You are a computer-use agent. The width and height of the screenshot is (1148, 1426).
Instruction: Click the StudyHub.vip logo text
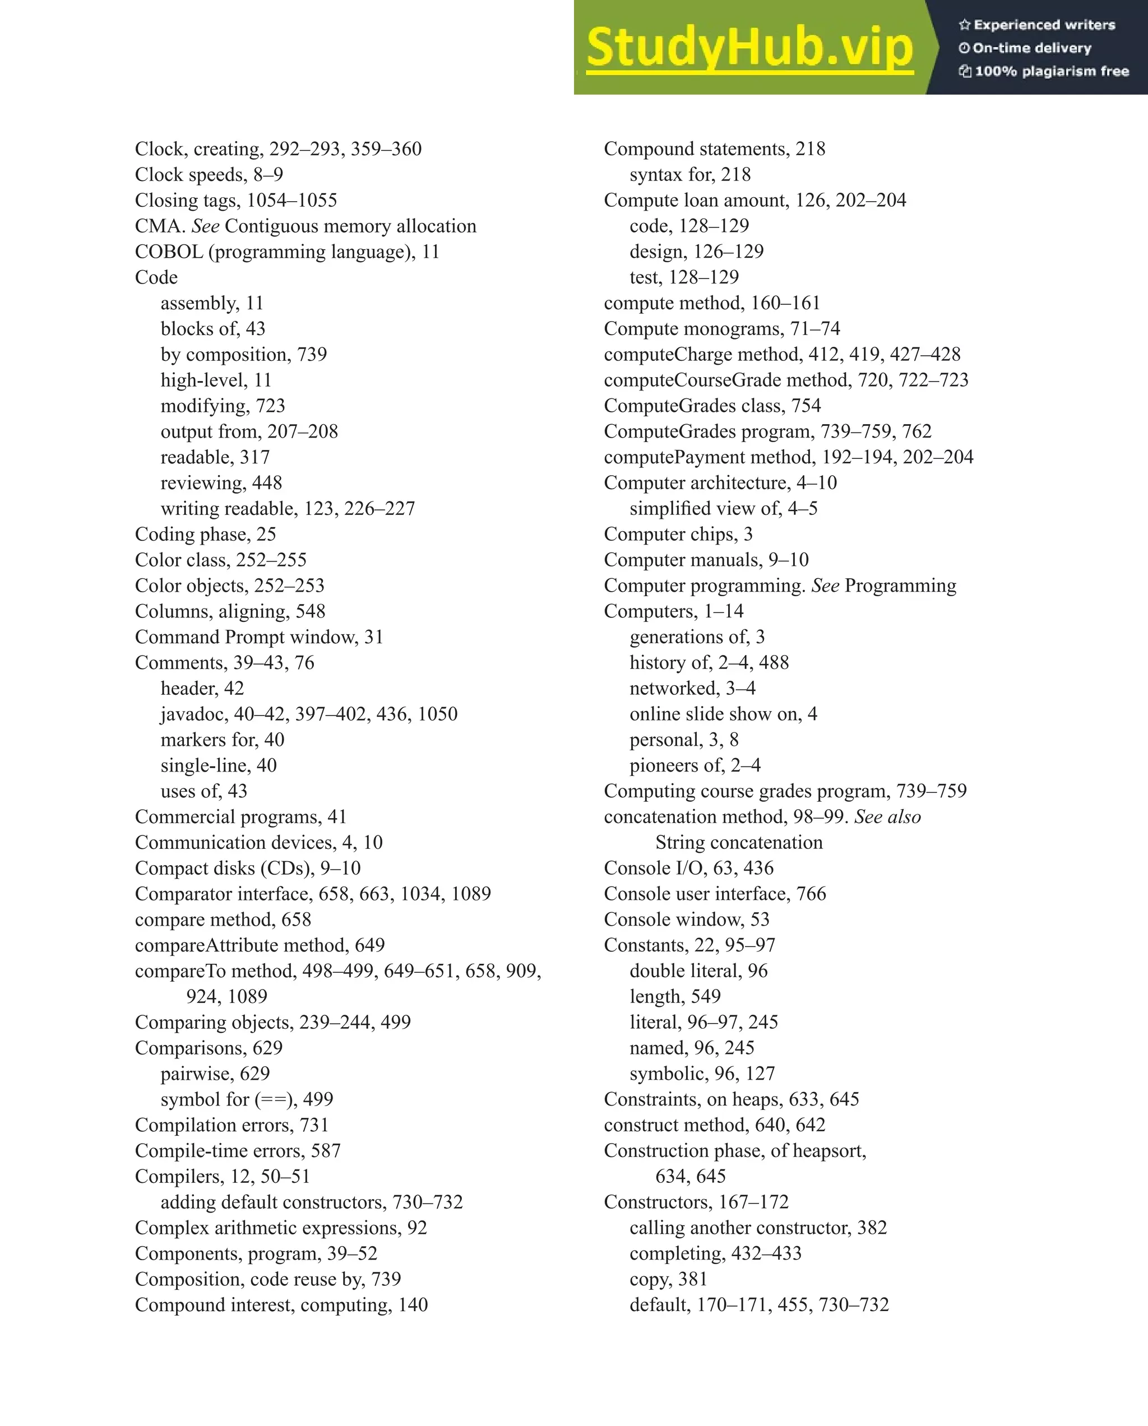tap(749, 48)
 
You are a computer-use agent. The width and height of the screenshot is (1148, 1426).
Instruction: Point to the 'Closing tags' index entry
tap(235, 201)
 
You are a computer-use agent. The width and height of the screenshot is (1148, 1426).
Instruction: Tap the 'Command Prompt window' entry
tap(259, 638)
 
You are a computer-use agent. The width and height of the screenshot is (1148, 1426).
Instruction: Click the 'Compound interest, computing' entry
tap(281, 1306)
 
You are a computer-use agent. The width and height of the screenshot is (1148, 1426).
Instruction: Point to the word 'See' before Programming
tap(825, 586)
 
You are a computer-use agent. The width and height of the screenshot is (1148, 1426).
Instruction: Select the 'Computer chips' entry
tap(678, 535)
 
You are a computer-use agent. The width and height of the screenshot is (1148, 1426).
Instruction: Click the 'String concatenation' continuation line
tap(739, 843)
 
